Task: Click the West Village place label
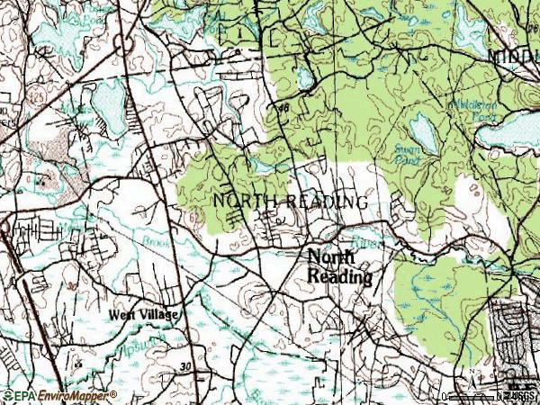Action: (x=144, y=315)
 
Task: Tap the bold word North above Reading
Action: (x=331, y=257)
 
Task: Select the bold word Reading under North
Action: (x=340, y=277)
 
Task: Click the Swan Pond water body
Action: (x=422, y=132)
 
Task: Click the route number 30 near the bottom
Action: (x=185, y=366)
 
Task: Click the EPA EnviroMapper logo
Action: (x=59, y=395)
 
